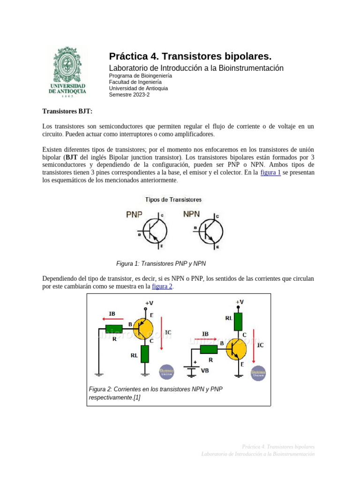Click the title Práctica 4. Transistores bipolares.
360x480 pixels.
tap(190, 57)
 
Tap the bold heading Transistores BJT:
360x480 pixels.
tap(67, 111)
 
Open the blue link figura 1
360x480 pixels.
tap(270, 172)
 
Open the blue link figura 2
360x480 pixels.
tap(162, 286)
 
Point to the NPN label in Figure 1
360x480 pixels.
tap(191, 214)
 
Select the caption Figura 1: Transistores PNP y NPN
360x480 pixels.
tap(161, 263)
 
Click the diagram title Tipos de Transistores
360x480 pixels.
tap(173, 200)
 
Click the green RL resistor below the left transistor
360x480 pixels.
tap(144, 354)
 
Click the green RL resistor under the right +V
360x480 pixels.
tap(238, 322)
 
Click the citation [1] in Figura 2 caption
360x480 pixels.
tap(136, 397)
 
